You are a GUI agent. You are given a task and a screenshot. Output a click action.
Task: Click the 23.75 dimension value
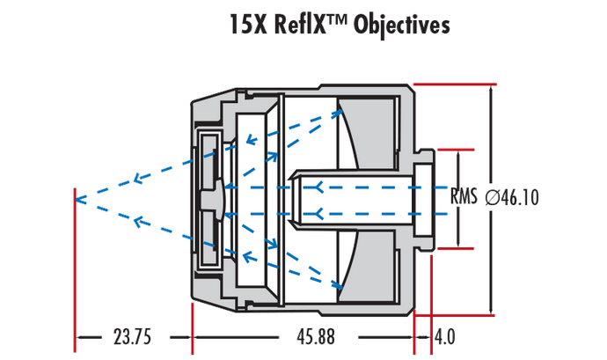[134, 338]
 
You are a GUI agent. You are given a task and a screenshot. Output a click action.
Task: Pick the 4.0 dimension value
[446, 338]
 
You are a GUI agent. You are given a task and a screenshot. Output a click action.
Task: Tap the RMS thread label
[464, 197]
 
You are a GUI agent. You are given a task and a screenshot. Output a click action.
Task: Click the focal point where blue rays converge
[77, 199]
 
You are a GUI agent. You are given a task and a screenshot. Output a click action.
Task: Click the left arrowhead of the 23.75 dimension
[82, 337]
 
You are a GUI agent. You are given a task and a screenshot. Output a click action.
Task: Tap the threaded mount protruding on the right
[426, 199]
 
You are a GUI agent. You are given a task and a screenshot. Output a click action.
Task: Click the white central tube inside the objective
[352, 199]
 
